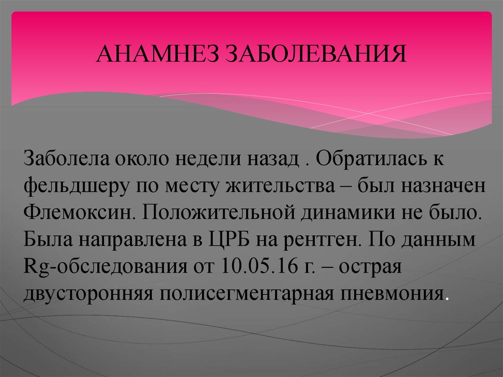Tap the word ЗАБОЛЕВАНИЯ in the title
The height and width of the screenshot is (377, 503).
coord(316,54)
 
